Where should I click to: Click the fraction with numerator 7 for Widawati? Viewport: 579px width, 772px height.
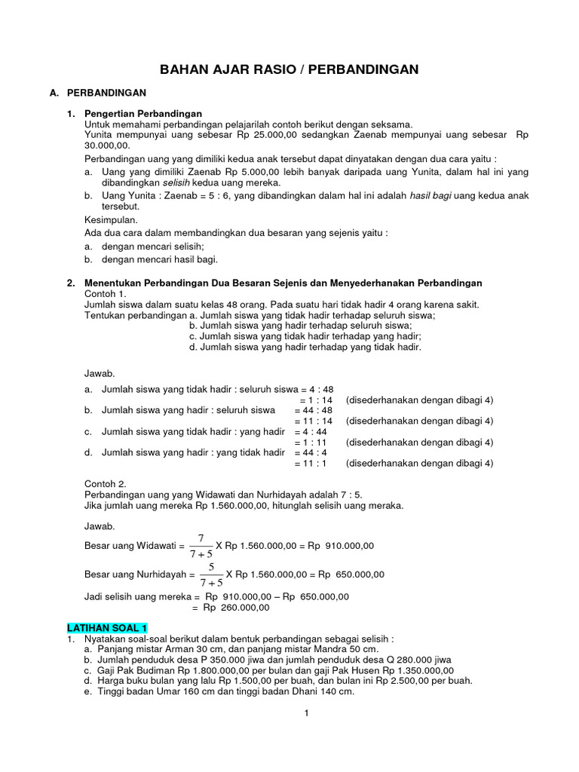[x=201, y=545]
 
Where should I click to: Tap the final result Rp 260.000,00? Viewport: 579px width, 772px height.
[x=234, y=608]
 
